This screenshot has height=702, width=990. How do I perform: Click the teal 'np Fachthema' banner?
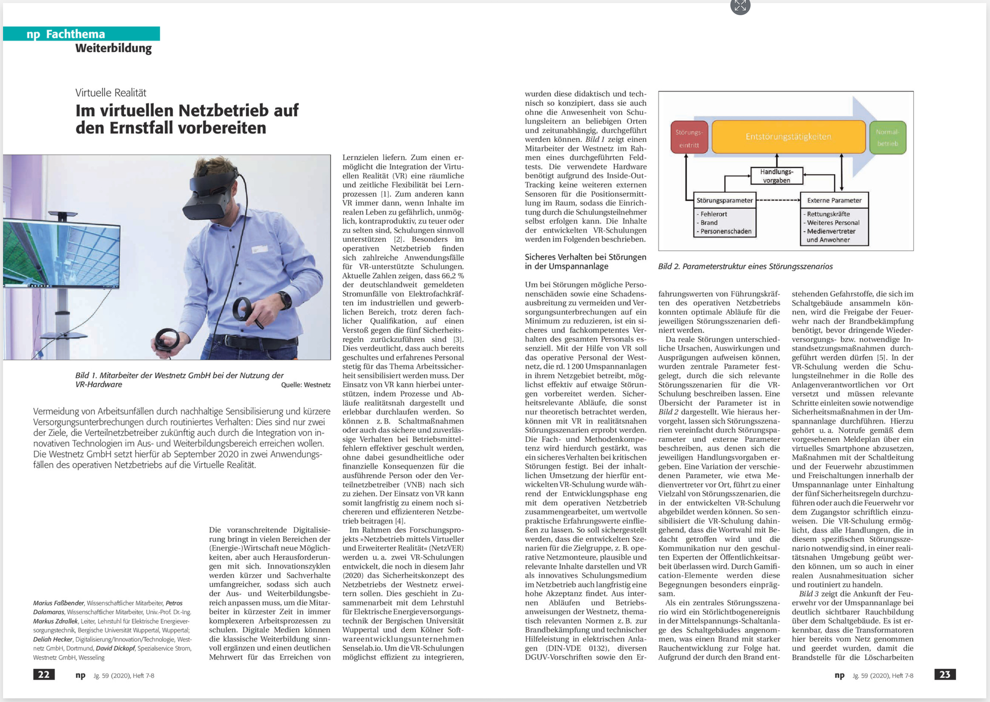click(x=81, y=34)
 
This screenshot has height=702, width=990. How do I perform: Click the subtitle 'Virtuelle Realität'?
click(x=111, y=93)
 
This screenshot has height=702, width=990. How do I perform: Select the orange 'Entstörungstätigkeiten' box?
click(x=788, y=137)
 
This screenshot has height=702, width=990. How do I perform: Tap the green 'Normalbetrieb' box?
click(x=887, y=137)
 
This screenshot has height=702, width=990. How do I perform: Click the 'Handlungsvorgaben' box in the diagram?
click(x=777, y=176)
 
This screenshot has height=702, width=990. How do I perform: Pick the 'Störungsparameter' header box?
click(x=724, y=200)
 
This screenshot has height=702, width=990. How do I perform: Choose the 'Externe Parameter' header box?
click(x=834, y=200)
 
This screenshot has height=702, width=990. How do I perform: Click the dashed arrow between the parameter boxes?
click(x=778, y=200)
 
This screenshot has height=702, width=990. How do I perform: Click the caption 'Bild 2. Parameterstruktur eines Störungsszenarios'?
click(x=745, y=266)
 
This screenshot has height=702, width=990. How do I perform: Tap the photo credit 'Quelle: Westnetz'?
click(x=305, y=385)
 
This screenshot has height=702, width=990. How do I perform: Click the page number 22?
click(x=44, y=674)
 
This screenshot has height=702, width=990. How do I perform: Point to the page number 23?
click(x=945, y=674)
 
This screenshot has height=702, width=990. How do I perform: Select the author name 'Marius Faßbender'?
click(x=59, y=603)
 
